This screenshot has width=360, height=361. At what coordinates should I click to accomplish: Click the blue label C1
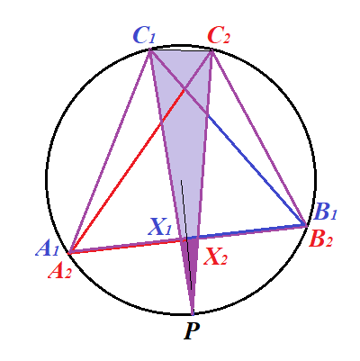[x=144, y=36]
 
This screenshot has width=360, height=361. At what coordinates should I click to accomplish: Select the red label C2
[x=219, y=36]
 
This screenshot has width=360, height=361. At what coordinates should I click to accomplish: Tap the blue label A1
[x=48, y=248]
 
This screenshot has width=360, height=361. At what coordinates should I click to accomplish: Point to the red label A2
[x=60, y=271]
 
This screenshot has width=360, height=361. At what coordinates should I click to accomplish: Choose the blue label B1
[x=325, y=212]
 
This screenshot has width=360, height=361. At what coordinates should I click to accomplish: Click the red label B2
[x=321, y=239]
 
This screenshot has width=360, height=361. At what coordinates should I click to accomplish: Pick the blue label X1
[x=160, y=227]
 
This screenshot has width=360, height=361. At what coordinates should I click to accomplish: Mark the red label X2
[x=215, y=257]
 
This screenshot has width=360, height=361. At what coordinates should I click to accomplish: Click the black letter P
[x=192, y=330]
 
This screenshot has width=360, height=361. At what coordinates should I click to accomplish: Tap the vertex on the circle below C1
[x=149, y=50]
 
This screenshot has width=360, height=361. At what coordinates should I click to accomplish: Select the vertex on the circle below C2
[x=212, y=50]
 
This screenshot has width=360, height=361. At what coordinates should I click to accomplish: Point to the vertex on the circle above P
[x=193, y=314]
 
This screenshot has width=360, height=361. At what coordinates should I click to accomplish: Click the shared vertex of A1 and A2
[x=69, y=253]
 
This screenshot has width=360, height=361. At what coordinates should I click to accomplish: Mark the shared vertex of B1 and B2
[x=306, y=225]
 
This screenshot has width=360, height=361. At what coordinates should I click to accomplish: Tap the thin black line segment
[x=186, y=235]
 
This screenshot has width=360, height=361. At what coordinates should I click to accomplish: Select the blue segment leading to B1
[x=256, y=169]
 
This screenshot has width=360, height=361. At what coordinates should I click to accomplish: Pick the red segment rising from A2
[x=127, y=171]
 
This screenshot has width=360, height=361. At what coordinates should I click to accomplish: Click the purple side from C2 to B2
[x=259, y=138]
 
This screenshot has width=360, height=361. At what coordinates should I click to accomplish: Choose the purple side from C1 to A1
[x=110, y=151]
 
